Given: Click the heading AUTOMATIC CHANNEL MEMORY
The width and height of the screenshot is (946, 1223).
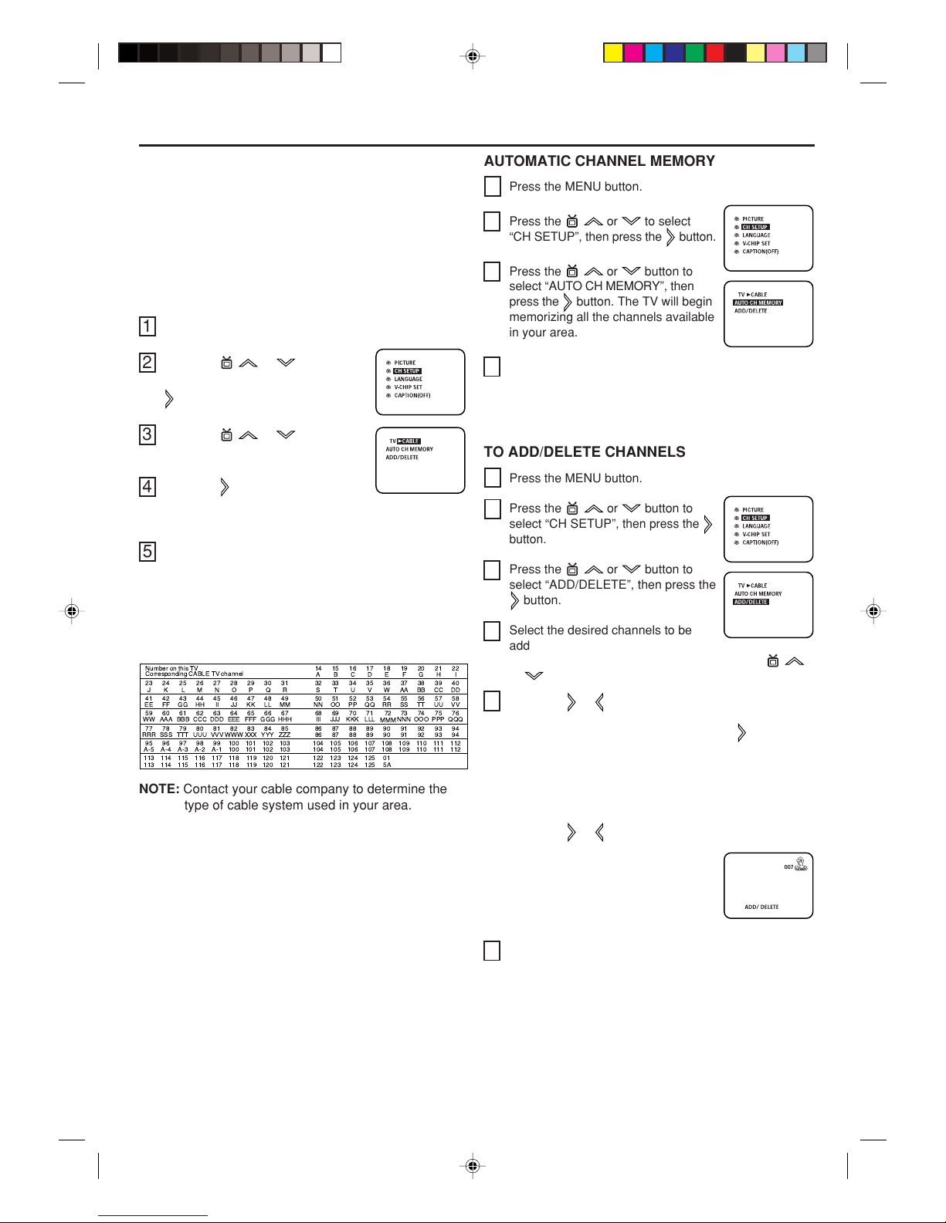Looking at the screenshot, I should pos(599,161).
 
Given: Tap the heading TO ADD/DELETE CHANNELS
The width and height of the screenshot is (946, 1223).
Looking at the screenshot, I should pos(585,452).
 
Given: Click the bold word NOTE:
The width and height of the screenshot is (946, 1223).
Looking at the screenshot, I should pos(159,789).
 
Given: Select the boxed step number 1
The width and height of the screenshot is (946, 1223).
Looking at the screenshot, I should pos(147,326).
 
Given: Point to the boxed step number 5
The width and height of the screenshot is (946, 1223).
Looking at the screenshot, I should pos(147,552).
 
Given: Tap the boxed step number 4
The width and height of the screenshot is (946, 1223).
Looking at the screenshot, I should pos(147,487).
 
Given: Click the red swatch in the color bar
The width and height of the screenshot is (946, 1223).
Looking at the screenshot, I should pos(714,52).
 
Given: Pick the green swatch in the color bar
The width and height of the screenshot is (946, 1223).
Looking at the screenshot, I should pos(694,52).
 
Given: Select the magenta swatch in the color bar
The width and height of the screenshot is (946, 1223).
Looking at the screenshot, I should pos(633,52).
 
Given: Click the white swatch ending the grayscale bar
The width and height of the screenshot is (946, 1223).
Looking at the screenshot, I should pos(331,52).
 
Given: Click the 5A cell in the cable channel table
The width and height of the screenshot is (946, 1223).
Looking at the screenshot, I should pos(387,765).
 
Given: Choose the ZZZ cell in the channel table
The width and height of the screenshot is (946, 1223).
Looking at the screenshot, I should pos(285,735).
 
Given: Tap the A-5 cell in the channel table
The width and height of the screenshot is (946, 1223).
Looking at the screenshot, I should pos(149,749).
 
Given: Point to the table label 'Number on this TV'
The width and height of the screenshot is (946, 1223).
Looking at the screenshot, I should pos(171,668).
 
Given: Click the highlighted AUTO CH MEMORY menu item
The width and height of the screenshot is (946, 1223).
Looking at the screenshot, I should pos(758,303).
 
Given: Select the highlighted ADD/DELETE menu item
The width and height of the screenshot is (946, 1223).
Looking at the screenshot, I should pos(751,602).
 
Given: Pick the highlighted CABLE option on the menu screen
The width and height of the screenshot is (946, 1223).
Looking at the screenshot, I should pos(409,441).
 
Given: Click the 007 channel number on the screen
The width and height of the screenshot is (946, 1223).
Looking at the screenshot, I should pos(788,867).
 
